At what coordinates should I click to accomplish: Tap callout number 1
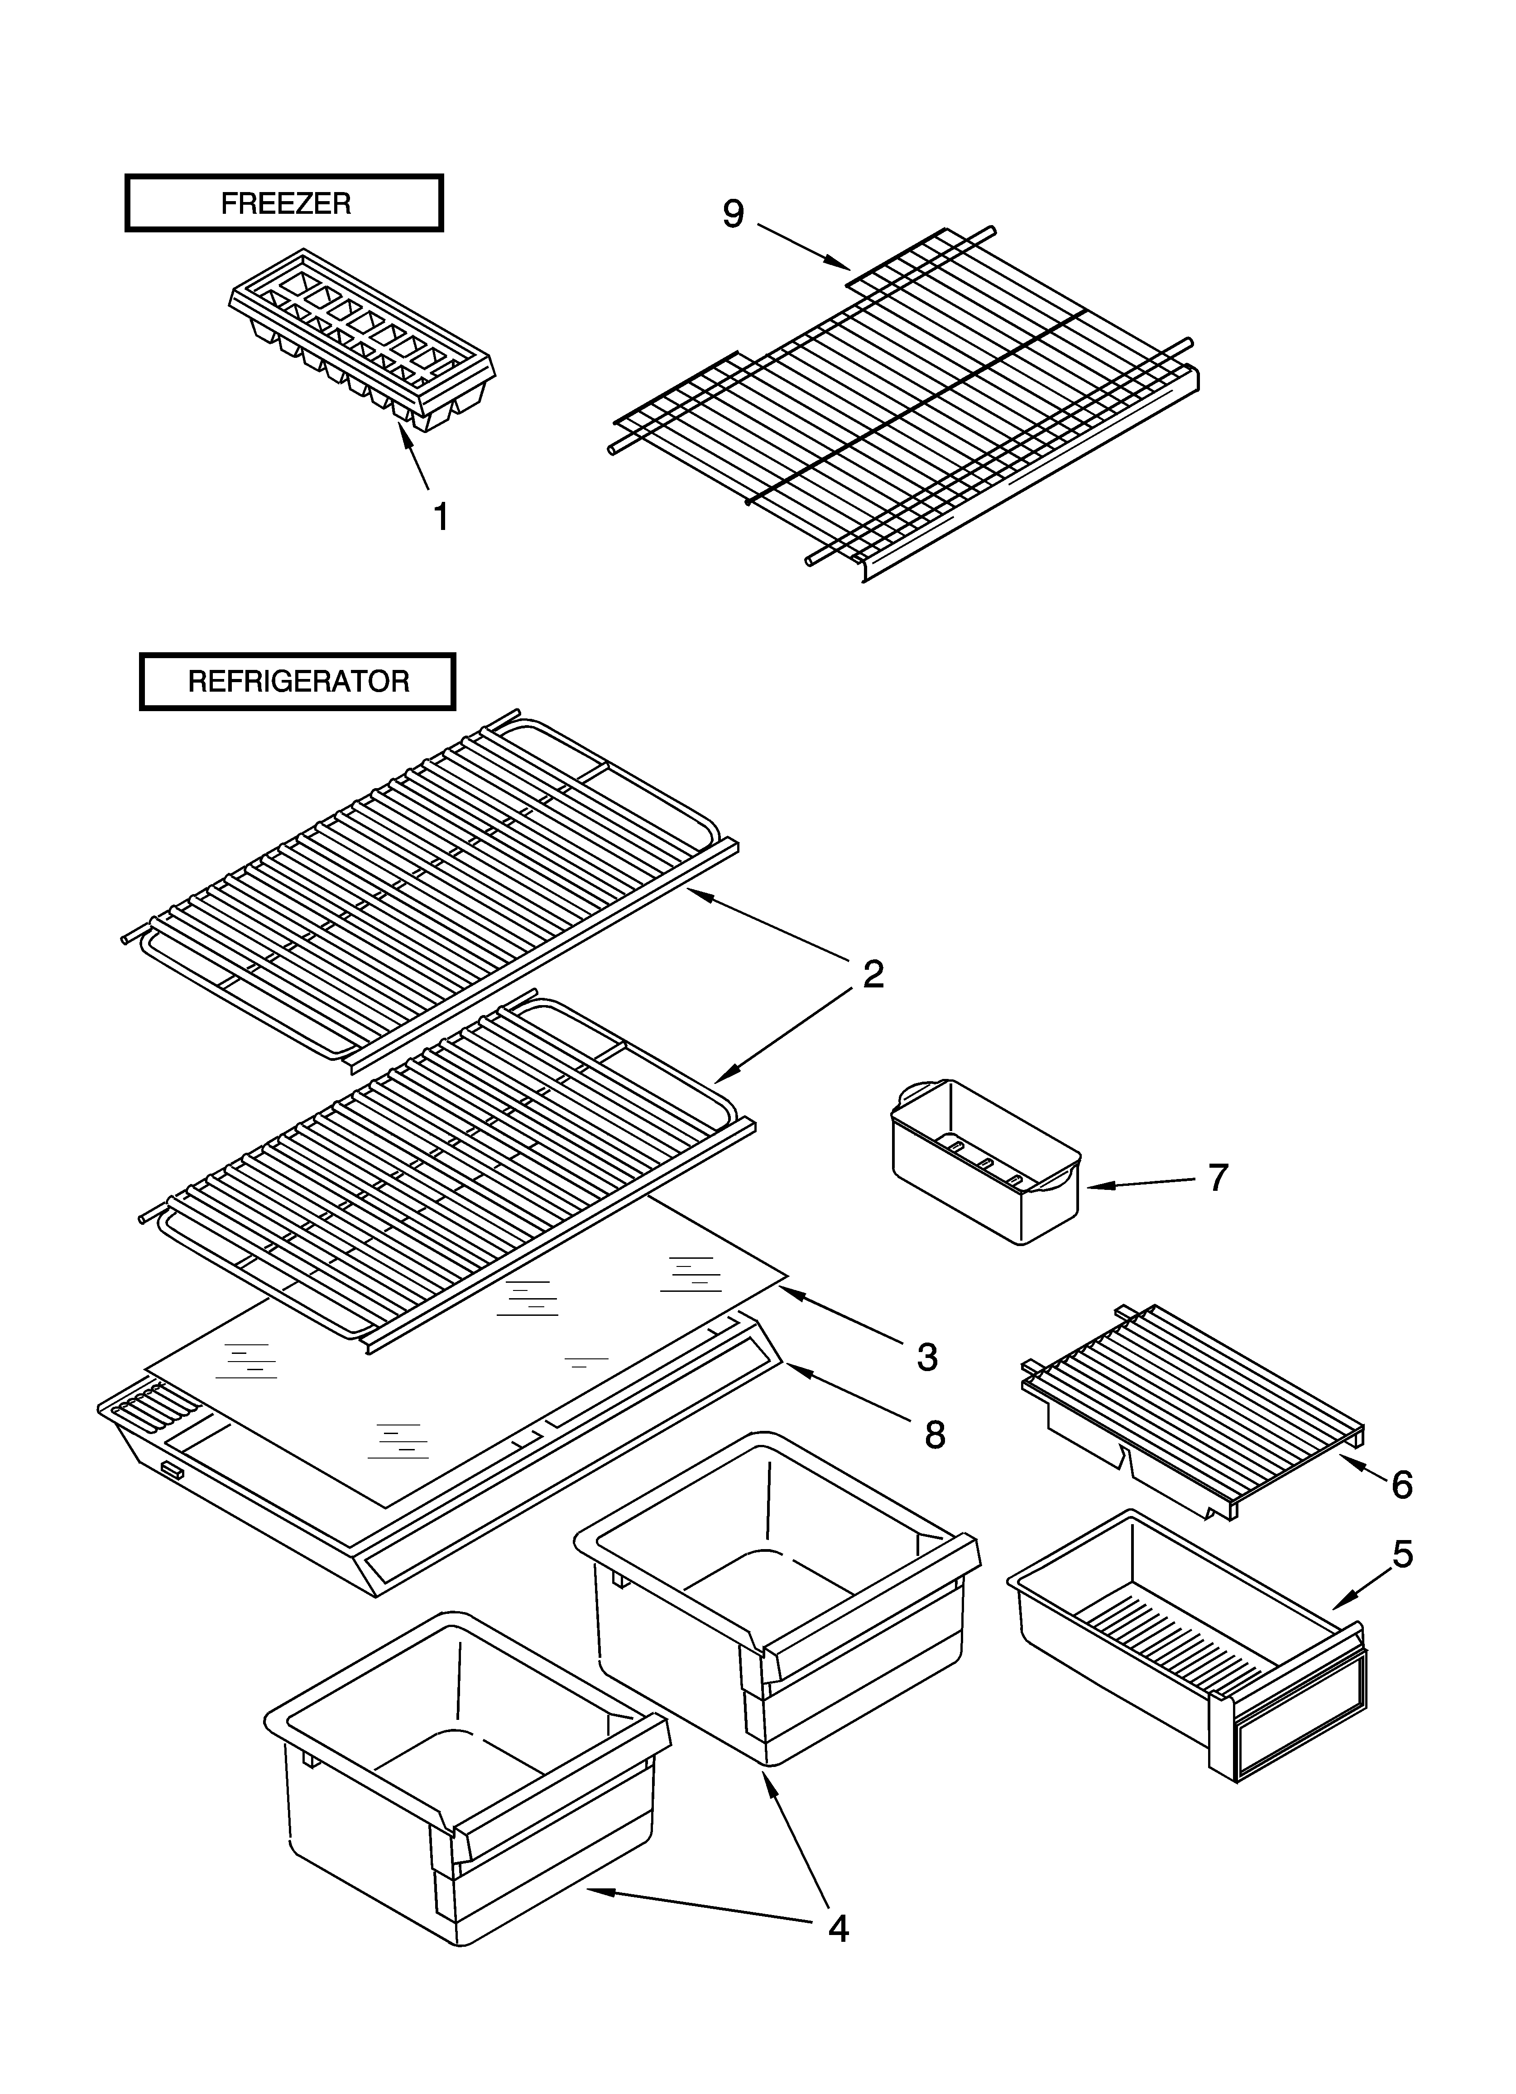[441, 517]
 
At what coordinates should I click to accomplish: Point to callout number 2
[873, 974]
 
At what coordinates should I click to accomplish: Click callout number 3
[927, 1357]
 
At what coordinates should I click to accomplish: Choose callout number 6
[1401, 1485]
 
